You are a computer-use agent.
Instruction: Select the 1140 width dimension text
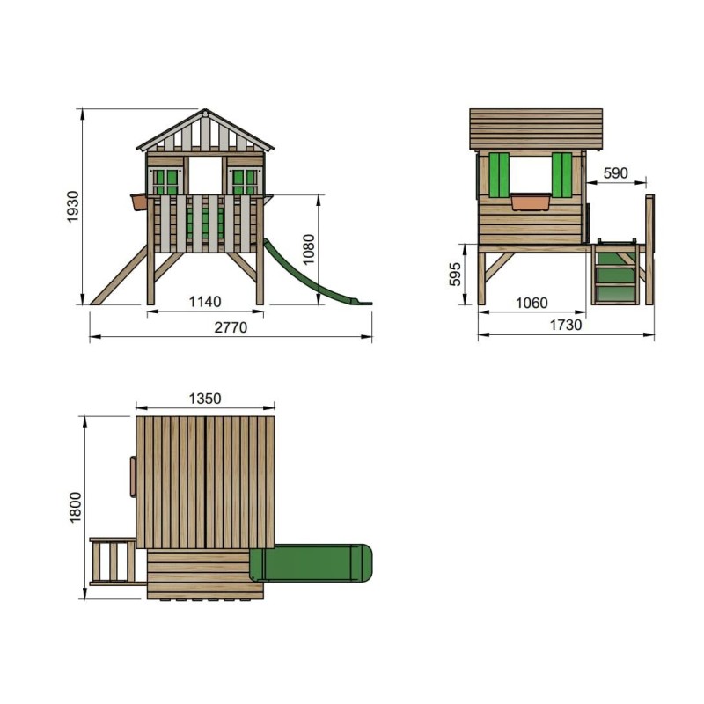point(204,302)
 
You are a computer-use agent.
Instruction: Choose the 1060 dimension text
point(531,303)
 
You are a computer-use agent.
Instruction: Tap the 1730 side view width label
point(565,325)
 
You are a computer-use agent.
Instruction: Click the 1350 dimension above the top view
point(205,399)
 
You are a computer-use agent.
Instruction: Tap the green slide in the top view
point(312,563)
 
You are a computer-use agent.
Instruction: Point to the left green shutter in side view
point(499,175)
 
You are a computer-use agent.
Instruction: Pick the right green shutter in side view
point(561,175)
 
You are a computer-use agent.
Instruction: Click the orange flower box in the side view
point(531,202)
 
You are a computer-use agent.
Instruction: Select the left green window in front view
point(165,182)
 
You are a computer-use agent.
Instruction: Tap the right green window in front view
point(244,182)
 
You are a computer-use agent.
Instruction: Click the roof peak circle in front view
point(205,113)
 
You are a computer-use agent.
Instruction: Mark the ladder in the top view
point(112,561)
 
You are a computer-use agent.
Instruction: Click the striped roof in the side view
point(536,128)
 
